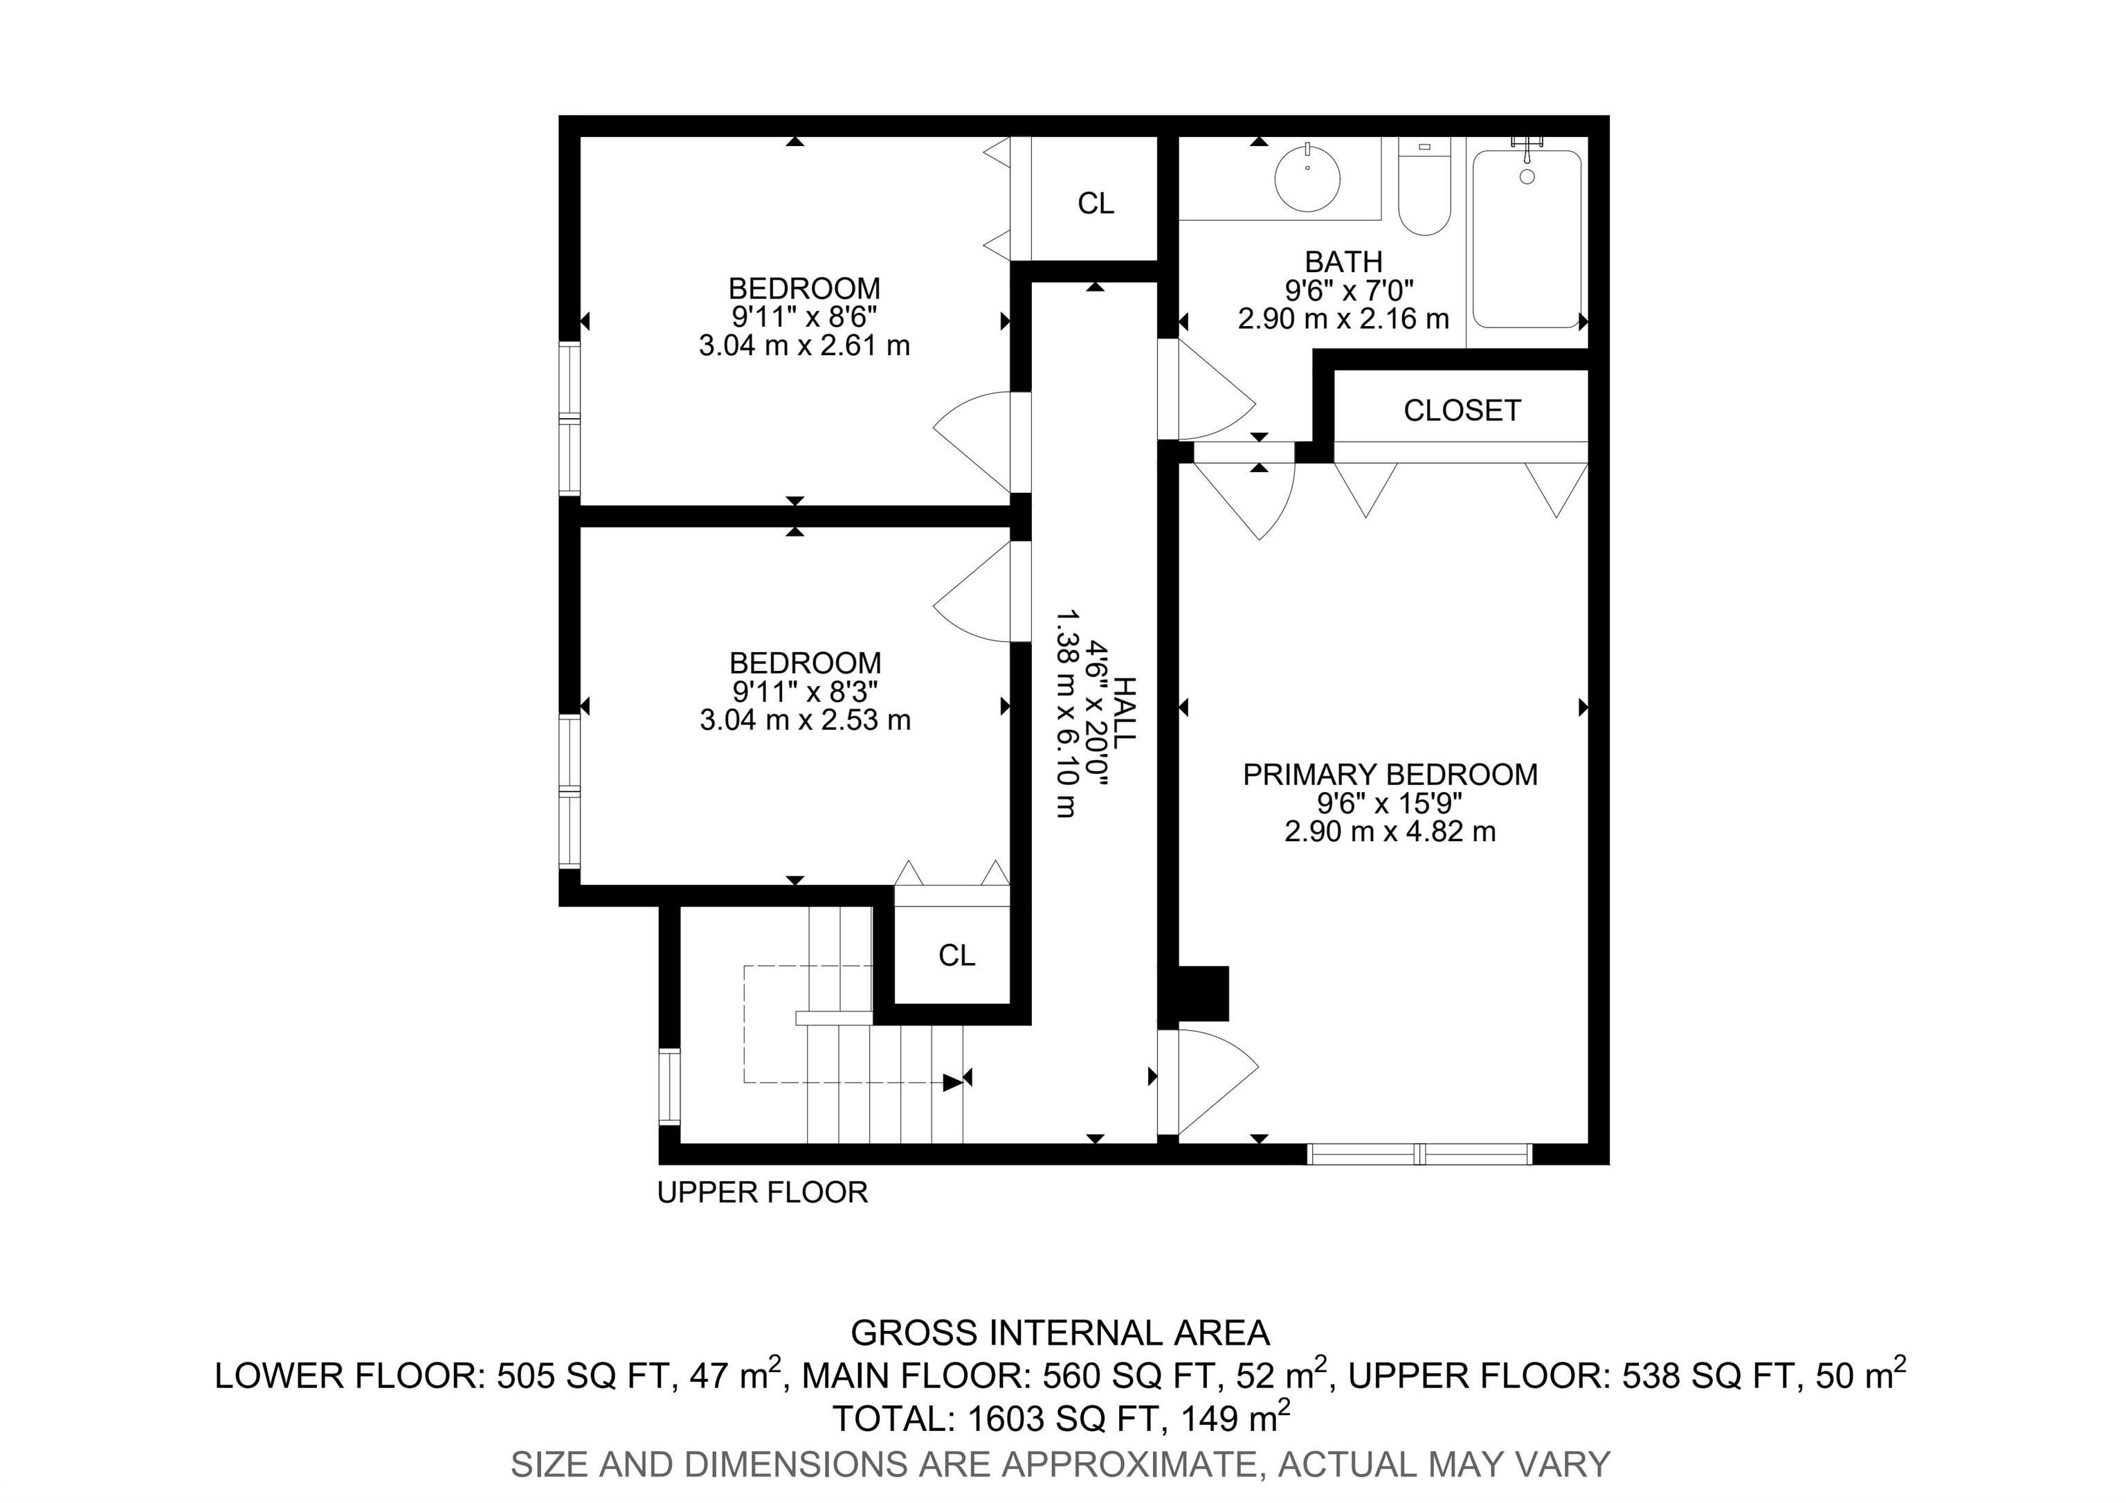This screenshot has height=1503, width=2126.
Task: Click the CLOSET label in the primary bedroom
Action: (x=1462, y=411)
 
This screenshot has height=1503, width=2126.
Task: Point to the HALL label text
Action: (x=1123, y=713)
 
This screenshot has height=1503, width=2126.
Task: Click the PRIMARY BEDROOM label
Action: (x=1390, y=774)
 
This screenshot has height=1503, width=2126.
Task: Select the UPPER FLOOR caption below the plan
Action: (x=762, y=1192)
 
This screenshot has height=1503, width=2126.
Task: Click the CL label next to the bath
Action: (x=1096, y=203)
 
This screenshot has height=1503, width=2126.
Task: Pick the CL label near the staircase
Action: (x=956, y=955)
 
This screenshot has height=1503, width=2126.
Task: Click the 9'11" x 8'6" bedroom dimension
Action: (x=803, y=316)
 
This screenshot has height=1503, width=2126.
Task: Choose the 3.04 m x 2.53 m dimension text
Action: (x=805, y=719)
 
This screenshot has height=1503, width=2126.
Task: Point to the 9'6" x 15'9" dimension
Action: (x=1390, y=803)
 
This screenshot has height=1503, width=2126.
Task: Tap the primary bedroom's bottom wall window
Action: (x=1419, y=1154)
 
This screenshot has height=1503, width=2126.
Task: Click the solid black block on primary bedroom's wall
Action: (x=1203, y=993)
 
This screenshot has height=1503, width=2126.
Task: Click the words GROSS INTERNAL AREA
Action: (x=1060, y=1333)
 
